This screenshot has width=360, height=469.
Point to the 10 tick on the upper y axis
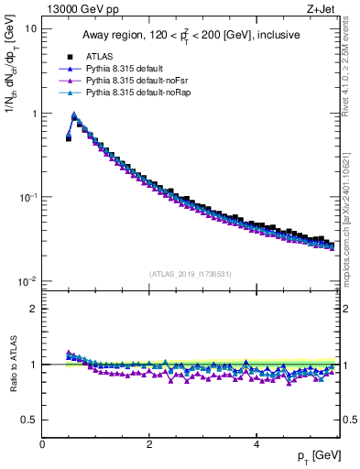point(31,28)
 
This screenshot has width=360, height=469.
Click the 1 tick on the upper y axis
point(34,114)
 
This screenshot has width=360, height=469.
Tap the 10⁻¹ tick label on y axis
point(29,197)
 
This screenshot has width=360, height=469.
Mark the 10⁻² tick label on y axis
point(29,281)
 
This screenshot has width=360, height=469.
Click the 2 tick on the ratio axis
point(34,309)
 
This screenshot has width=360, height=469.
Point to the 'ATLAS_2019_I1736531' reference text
point(190,274)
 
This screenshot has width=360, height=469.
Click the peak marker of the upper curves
point(74,116)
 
